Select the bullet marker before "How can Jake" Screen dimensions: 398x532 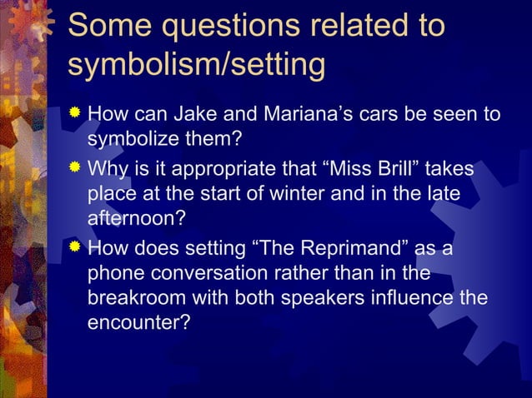76,112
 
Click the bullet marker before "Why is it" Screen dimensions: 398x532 76,170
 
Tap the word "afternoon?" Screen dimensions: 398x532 133,217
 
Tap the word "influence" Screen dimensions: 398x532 424,296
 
